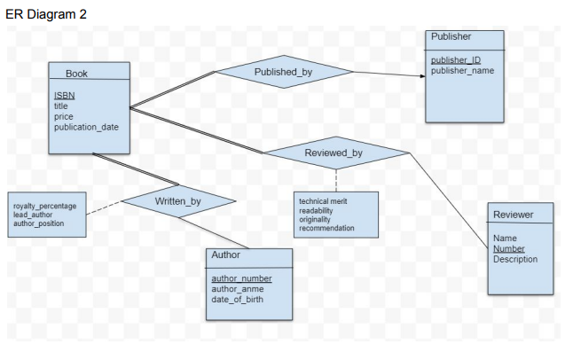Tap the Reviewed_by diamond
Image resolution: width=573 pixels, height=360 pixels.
pos(334,153)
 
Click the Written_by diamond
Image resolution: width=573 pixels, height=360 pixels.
pos(178,202)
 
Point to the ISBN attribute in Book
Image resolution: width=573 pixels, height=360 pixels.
pos(65,95)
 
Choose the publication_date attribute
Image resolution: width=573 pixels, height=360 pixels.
pos(86,127)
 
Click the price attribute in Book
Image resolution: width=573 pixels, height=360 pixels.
pos(64,116)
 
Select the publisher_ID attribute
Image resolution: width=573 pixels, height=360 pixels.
pos(455,59)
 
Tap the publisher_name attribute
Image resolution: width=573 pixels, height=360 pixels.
pos(462,70)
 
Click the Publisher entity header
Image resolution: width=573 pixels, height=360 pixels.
pos(451,37)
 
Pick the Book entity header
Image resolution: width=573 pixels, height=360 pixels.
pos(76,73)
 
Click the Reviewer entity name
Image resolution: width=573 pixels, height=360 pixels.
pos(513,215)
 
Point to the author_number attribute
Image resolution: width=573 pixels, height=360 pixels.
pos(241,278)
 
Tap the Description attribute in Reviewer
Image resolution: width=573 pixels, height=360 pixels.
pos(515,260)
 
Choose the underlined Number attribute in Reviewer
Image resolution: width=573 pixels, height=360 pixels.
pos(508,249)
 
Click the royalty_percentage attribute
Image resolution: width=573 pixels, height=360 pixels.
pos(44,206)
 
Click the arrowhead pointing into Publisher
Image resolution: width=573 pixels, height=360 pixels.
pos(422,76)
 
